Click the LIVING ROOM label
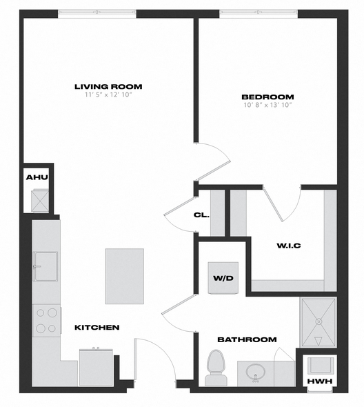click(x=108, y=86)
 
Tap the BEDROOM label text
click(x=267, y=97)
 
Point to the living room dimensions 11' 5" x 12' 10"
click(x=108, y=95)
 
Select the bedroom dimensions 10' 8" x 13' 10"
click(x=267, y=105)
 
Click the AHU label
click(x=37, y=177)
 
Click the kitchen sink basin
click(x=46, y=266)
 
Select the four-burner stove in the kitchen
click(x=46, y=321)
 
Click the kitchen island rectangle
click(x=125, y=276)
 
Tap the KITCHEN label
click(x=97, y=328)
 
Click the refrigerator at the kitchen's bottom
click(x=96, y=368)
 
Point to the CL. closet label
click(x=201, y=215)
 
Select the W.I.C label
click(x=289, y=246)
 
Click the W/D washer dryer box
click(x=223, y=278)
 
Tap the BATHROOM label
click(x=247, y=339)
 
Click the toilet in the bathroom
click(x=216, y=368)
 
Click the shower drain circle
click(x=318, y=321)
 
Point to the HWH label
click(x=320, y=381)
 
